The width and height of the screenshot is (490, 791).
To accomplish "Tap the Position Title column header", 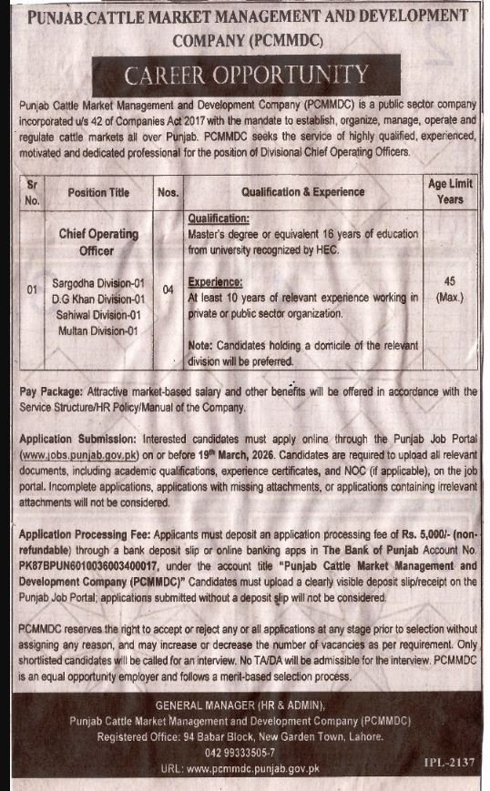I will [x=98, y=192].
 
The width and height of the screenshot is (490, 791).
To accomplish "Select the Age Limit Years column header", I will [x=449, y=191].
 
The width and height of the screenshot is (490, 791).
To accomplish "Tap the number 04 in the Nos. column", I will [x=167, y=290].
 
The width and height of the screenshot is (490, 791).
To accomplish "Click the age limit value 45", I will [x=449, y=282].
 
